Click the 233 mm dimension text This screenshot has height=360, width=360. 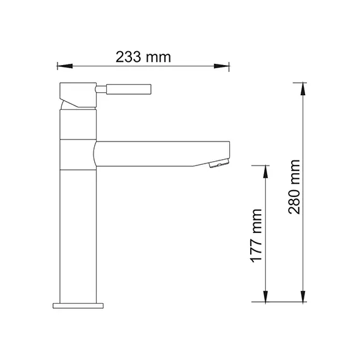[x=143, y=56]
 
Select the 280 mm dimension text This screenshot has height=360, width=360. [x=294, y=193]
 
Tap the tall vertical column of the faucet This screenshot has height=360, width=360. [x=78, y=234]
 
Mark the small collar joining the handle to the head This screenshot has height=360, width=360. [x=100, y=89]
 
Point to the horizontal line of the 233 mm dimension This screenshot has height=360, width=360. [x=95, y=65]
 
